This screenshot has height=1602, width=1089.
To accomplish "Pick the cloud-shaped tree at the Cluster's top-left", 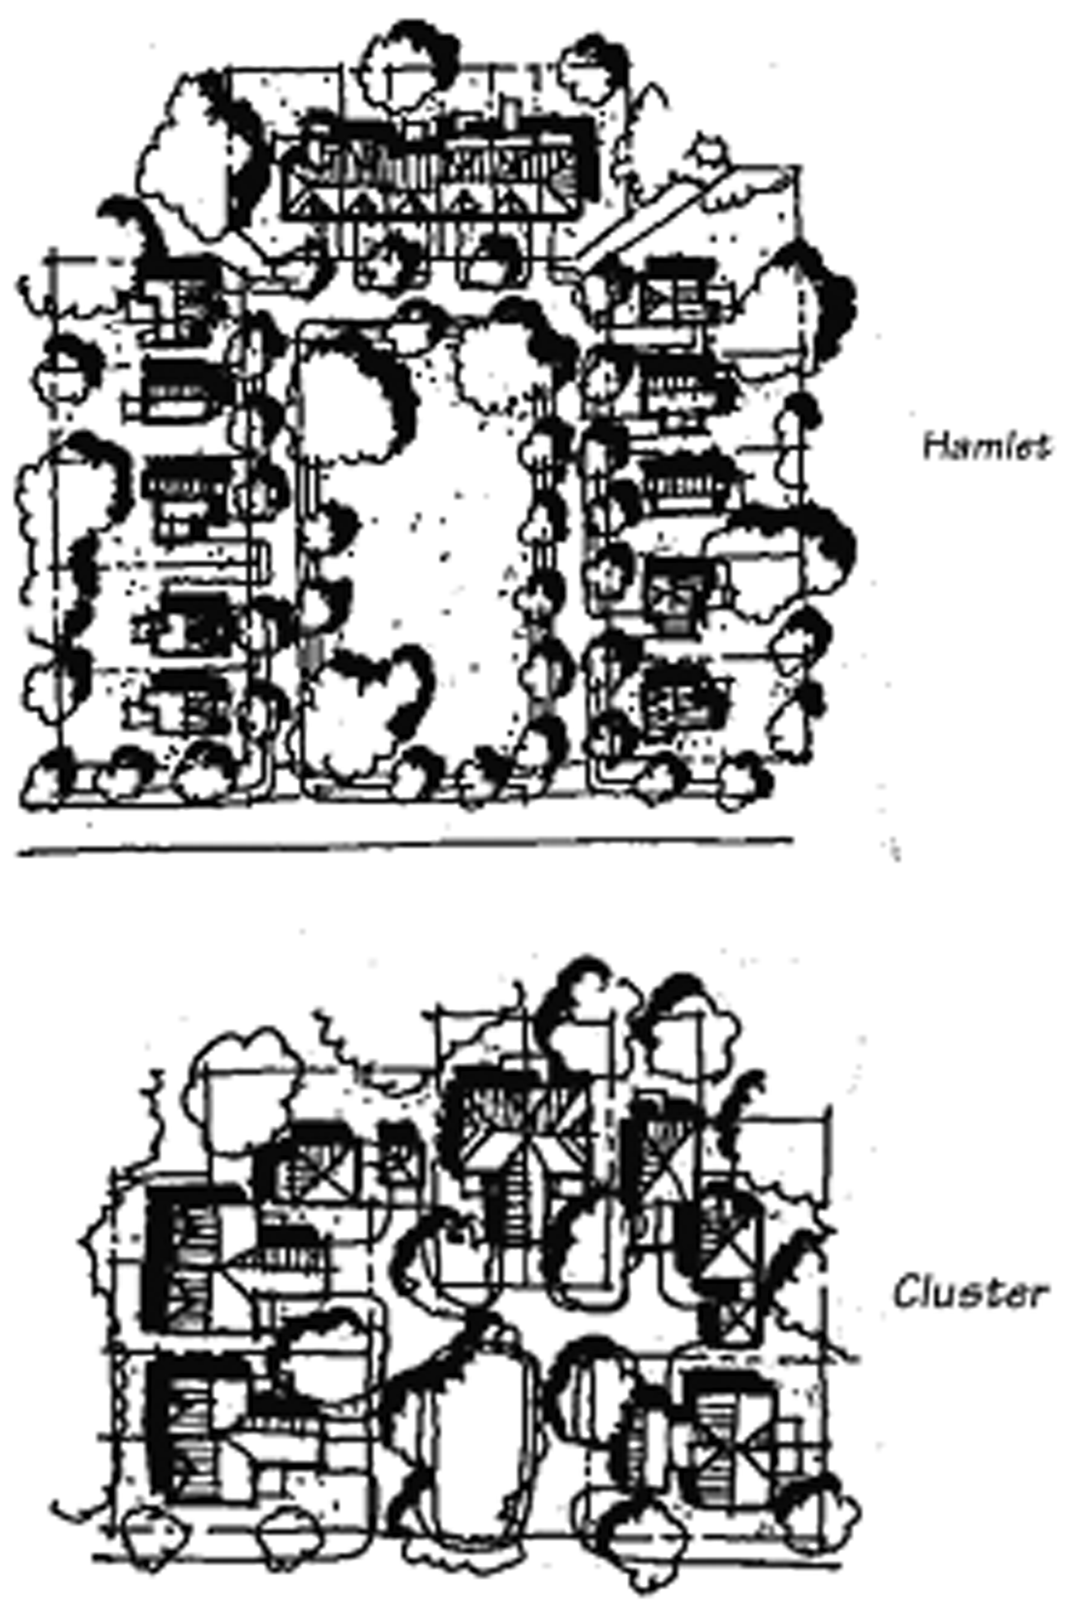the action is tap(244, 1061).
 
